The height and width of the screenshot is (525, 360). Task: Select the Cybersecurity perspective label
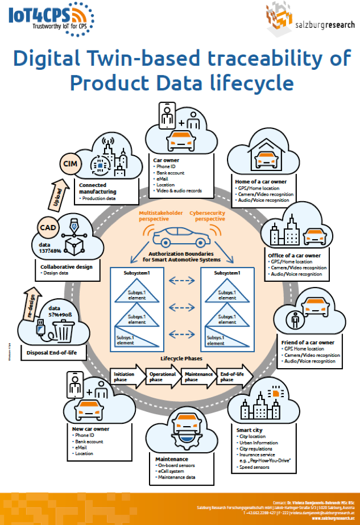click(x=207, y=216)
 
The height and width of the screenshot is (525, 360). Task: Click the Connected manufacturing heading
click(x=97, y=188)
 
